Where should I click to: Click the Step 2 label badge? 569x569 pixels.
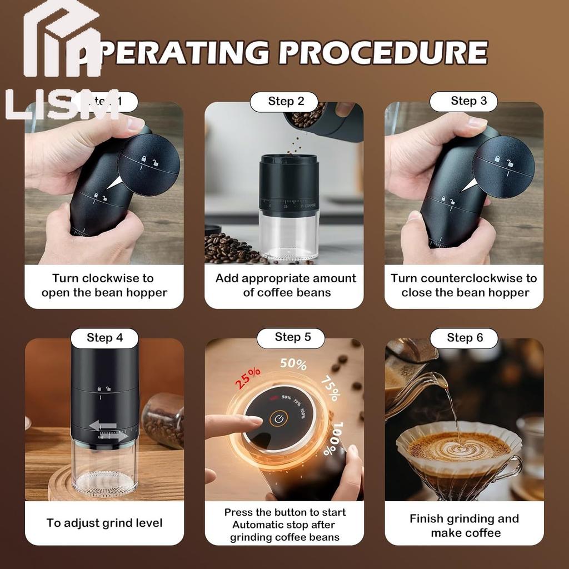[x=286, y=102]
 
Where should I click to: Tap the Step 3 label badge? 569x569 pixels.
[x=468, y=101]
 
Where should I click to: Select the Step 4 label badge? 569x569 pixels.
[x=104, y=338]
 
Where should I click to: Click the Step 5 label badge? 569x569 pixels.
[x=292, y=337]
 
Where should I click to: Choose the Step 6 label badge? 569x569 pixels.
[x=465, y=338]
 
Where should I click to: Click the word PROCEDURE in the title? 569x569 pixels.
[x=383, y=53]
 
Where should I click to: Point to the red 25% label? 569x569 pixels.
[x=248, y=378]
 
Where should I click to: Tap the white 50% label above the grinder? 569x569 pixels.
[x=293, y=365]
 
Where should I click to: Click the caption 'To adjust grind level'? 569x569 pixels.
[x=104, y=523]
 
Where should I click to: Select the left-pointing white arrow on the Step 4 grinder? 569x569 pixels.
[x=102, y=426]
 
